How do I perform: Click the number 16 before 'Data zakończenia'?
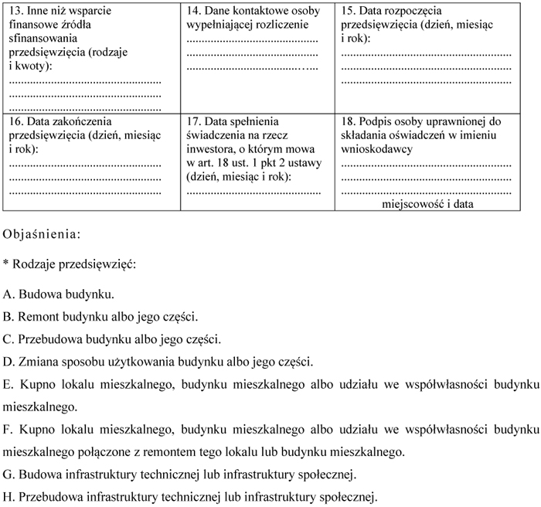pos(15,122)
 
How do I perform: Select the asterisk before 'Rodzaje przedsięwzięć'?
pos(6,264)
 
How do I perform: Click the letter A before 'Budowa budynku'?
pos(8,294)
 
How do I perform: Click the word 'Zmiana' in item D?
pos(37,361)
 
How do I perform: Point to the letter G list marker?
pos(8,473)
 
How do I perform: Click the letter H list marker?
pos(8,495)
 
